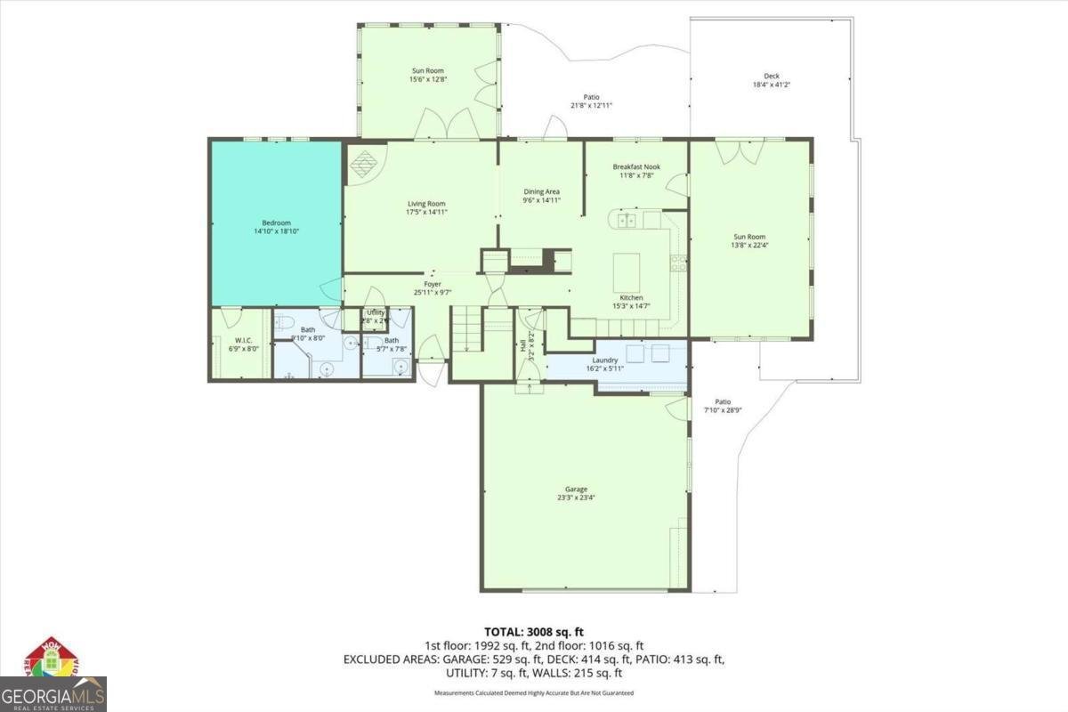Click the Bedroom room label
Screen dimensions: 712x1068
click(x=276, y=222)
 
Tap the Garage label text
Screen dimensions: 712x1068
click(x=576, y=489)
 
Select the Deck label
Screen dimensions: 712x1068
click(x=771, y=77)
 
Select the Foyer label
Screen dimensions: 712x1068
click(x=433, y=285)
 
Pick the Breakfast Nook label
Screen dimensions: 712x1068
click(x=635, y=166)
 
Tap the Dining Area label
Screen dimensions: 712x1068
click(x=541, y=191)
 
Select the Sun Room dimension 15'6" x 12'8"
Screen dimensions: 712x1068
click(x=427, y=79)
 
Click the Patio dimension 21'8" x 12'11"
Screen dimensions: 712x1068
click(x=591, y=105)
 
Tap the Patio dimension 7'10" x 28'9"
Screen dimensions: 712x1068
click(x=723, y=410)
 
